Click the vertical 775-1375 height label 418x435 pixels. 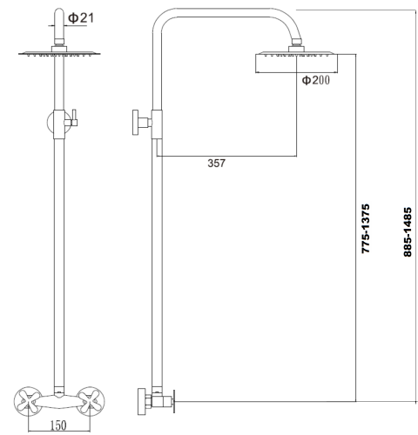367,228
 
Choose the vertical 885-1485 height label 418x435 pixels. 407,228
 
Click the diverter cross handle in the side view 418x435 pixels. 138,121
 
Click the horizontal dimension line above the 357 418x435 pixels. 226,155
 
